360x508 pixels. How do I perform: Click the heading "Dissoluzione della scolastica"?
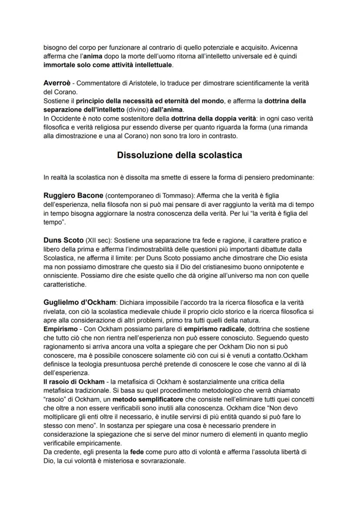point(180,155)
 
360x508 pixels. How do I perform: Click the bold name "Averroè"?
point(58,83)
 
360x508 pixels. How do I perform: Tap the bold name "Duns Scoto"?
point(63,240)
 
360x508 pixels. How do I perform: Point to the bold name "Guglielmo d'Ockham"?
point(80,302)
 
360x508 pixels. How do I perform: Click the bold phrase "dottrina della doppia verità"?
point(216,118)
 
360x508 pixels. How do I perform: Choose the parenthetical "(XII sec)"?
point(97,240)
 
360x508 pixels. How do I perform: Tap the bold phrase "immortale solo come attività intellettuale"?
point(108,65)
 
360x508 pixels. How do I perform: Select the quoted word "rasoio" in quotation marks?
point(56,399)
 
